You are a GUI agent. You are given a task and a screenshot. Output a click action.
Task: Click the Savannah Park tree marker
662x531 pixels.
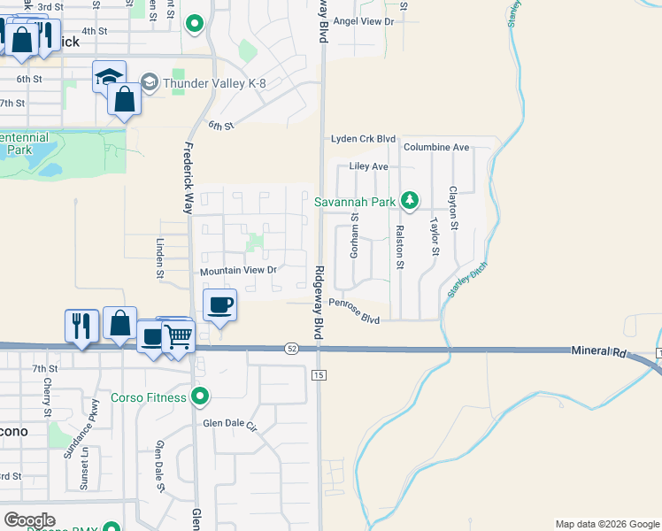[409, 202]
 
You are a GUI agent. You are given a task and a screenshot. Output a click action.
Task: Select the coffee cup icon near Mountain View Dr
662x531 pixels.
[219, 305]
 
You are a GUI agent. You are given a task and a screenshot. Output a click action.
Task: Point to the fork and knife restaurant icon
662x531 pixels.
[81, 325]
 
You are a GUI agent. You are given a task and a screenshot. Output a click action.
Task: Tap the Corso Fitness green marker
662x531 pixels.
[200, 397]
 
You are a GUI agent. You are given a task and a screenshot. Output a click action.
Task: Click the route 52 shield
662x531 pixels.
[292, 349]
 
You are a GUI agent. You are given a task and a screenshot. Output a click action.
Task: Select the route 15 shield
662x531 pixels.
[319, 376]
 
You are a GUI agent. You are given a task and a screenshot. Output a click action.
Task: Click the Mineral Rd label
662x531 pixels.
[599, 352]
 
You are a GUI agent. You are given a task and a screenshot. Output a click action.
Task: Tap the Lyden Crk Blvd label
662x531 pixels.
[363, 139]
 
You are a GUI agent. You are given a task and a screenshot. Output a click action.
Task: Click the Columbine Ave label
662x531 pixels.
[436, 147]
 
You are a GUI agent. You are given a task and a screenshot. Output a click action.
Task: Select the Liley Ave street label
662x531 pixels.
[369, 166]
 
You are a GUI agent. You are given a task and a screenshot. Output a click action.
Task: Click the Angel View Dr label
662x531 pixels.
[362, 20]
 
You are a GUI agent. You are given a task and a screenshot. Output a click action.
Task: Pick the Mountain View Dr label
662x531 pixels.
[239, 270]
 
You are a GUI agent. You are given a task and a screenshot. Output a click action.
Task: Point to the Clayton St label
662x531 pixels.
[453, 208]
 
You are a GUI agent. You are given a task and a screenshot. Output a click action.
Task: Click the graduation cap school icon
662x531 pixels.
[109, 76]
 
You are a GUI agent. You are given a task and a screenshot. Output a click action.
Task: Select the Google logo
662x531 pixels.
[29, 520]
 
